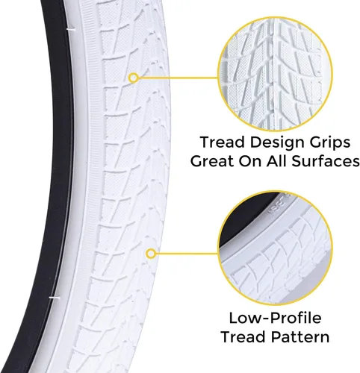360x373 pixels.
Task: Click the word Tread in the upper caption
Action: coord(223,142)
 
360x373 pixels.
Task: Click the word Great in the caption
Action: coord(212,161)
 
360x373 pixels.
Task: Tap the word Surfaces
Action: coord(326,161)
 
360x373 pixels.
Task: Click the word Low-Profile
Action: coord(275,318)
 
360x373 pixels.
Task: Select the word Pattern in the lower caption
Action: coord(300,337)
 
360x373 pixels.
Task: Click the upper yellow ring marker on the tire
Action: coord(134,78)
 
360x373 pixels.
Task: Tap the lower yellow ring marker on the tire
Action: coord(150,254)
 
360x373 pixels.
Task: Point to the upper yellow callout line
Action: coord(178,78)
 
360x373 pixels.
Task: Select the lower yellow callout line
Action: coord(187,254)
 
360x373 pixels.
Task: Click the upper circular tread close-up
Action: coord(275,74)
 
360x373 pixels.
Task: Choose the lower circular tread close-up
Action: coord(275,248)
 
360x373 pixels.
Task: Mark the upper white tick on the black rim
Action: coord(71,30)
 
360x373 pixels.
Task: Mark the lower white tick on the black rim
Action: coord(55,298)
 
